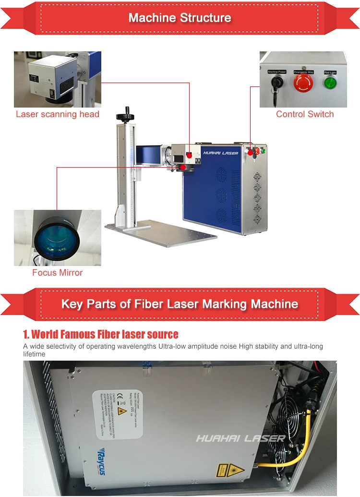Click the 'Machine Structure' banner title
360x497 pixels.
(x=180, y=18)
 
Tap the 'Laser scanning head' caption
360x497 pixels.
(x=58, y=114)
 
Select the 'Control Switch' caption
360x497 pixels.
(x=305, y=114)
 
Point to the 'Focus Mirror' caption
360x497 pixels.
(x=58, y=273)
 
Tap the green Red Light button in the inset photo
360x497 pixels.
(x=330, y=83)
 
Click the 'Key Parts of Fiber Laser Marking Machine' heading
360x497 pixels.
(x=180, y=304)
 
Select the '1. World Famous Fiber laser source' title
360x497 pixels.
(x=101, y=334)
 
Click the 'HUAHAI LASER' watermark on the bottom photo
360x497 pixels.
(x=240, y=438)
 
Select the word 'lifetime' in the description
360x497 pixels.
(x=34, y=354)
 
